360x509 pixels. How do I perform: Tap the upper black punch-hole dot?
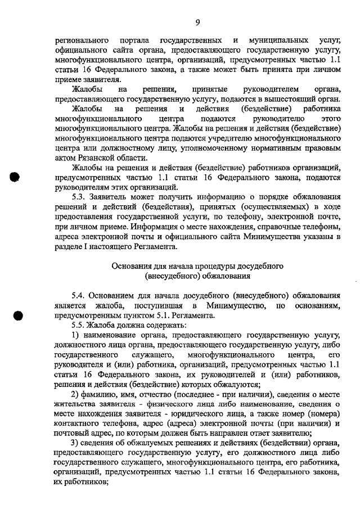click(x=15, y=176)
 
